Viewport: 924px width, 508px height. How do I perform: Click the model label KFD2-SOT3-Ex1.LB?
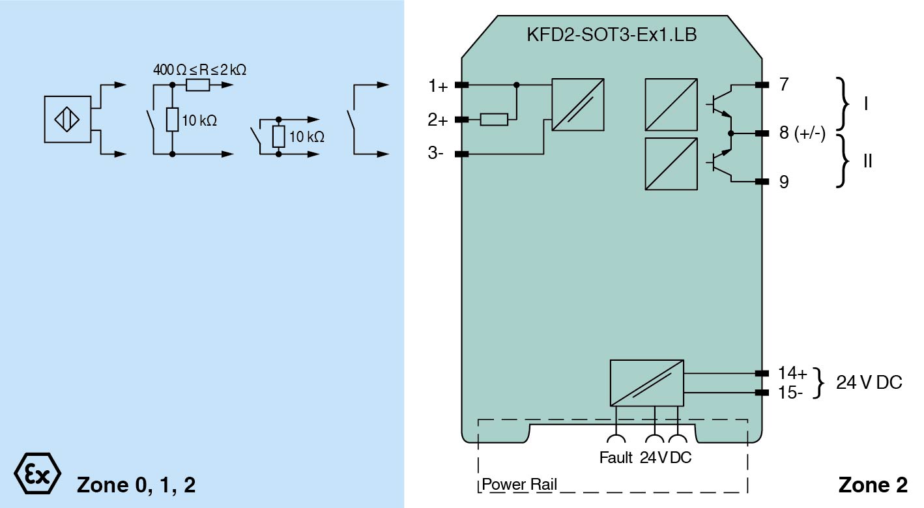(x=611, y=35)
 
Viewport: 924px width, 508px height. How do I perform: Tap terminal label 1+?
(x=438, y=86)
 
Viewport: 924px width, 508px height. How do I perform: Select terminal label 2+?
(x=438, y=120)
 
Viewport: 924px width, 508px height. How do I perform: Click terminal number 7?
(x=783, y=85)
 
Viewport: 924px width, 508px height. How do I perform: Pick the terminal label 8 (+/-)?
(x=802, y=134)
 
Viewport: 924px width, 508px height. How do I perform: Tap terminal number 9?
(x=783, y=182)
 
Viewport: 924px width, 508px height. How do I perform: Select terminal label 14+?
(x=792, y=373)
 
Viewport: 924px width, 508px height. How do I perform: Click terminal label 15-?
(x=790, y=393)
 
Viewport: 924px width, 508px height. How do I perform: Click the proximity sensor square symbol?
(x=67, y=119)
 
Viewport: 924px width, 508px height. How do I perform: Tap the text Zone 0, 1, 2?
(x=136, y=485)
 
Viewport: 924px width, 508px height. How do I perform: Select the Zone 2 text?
(x=873, y=485)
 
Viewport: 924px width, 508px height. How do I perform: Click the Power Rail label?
(x=519, y=485)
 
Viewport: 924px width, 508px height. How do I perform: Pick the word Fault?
(x=616, y=457)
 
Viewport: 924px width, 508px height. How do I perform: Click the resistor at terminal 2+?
(x=494, y=119)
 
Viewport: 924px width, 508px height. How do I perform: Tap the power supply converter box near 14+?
(x=646, y=383)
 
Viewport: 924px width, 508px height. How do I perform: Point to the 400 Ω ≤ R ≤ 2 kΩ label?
(x=199, y=70)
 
